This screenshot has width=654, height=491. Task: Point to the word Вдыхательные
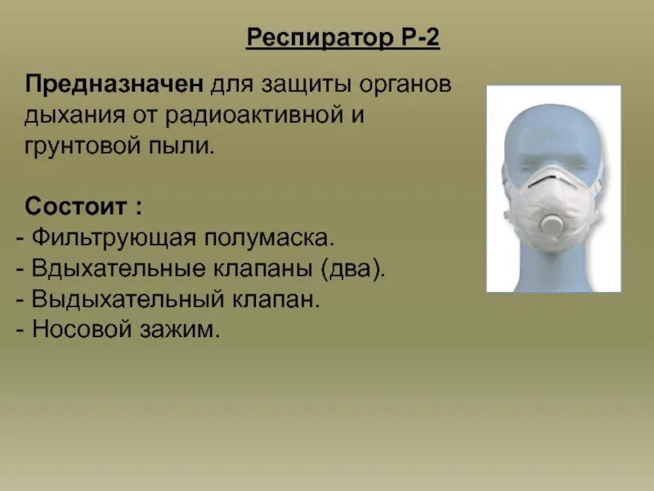[116, 268]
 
